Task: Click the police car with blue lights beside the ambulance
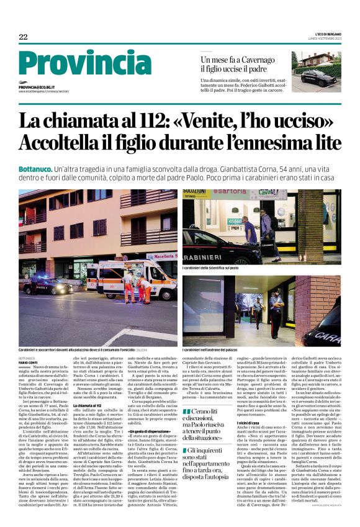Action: click(x=47, y=286)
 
